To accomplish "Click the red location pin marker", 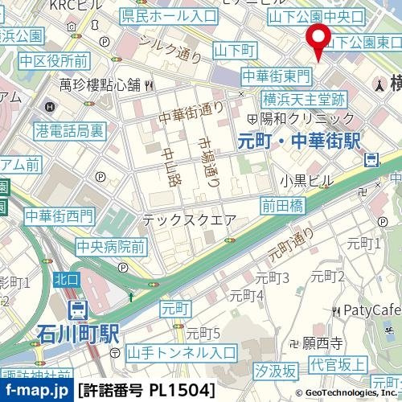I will [x=319, y=39].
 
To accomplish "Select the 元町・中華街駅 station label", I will [x=299, y=140].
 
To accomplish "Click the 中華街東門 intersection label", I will [x=276, y=76].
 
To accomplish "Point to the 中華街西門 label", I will [x=59, y=215].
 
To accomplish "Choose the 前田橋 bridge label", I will [x=282, y=205].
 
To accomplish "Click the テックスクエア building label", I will [x=189, y=219].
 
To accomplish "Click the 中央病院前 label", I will [x=110, y=246].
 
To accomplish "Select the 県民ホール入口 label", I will [x=168, y=15].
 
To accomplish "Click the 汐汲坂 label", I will [x=275, y=371].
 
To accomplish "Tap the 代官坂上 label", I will [x=339, y=363].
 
